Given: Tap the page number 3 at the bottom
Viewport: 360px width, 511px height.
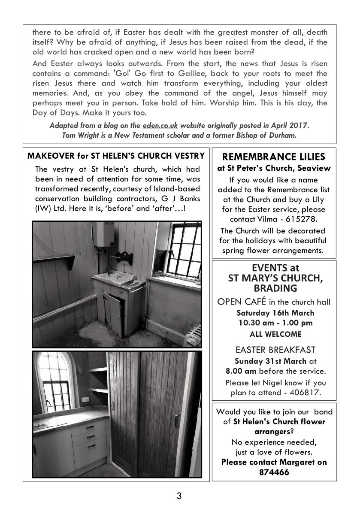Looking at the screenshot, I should [179, 496].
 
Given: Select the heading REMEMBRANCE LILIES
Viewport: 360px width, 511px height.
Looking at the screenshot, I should [274, 157].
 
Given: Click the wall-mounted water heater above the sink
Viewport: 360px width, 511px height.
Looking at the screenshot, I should [105, 235].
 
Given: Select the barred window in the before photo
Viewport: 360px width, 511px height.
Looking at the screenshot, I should [183, 251].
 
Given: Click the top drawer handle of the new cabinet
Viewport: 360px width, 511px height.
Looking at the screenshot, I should [90, 427].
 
